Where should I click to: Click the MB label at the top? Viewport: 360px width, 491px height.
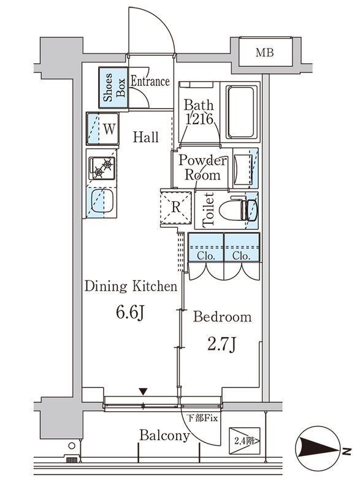[264, 52]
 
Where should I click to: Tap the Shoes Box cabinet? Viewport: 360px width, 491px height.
[113, 88]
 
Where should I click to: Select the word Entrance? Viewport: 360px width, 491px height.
[150, 82]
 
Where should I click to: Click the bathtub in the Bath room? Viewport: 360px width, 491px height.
[240, 112]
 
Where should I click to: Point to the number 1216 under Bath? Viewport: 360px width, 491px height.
[199, 119]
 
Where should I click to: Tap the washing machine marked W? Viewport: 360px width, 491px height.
[102, 129]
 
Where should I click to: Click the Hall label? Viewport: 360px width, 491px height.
[145, 137]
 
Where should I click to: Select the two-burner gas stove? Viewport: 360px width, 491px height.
[102, 168]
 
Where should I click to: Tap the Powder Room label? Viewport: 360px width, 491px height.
[202, 168]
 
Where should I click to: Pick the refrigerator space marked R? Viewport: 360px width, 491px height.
[176, 207]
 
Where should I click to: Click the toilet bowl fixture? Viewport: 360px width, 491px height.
[238, 209]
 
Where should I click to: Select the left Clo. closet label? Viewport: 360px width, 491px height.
[206, 256]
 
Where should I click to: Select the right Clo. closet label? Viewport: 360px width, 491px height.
[242, 256]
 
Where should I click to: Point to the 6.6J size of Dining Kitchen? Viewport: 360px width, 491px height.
[130, 312]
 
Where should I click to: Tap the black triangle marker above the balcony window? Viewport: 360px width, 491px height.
[144, 392]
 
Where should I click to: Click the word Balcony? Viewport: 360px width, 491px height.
[164, 436]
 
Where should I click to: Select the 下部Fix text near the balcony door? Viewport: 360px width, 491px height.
[202, 418]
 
